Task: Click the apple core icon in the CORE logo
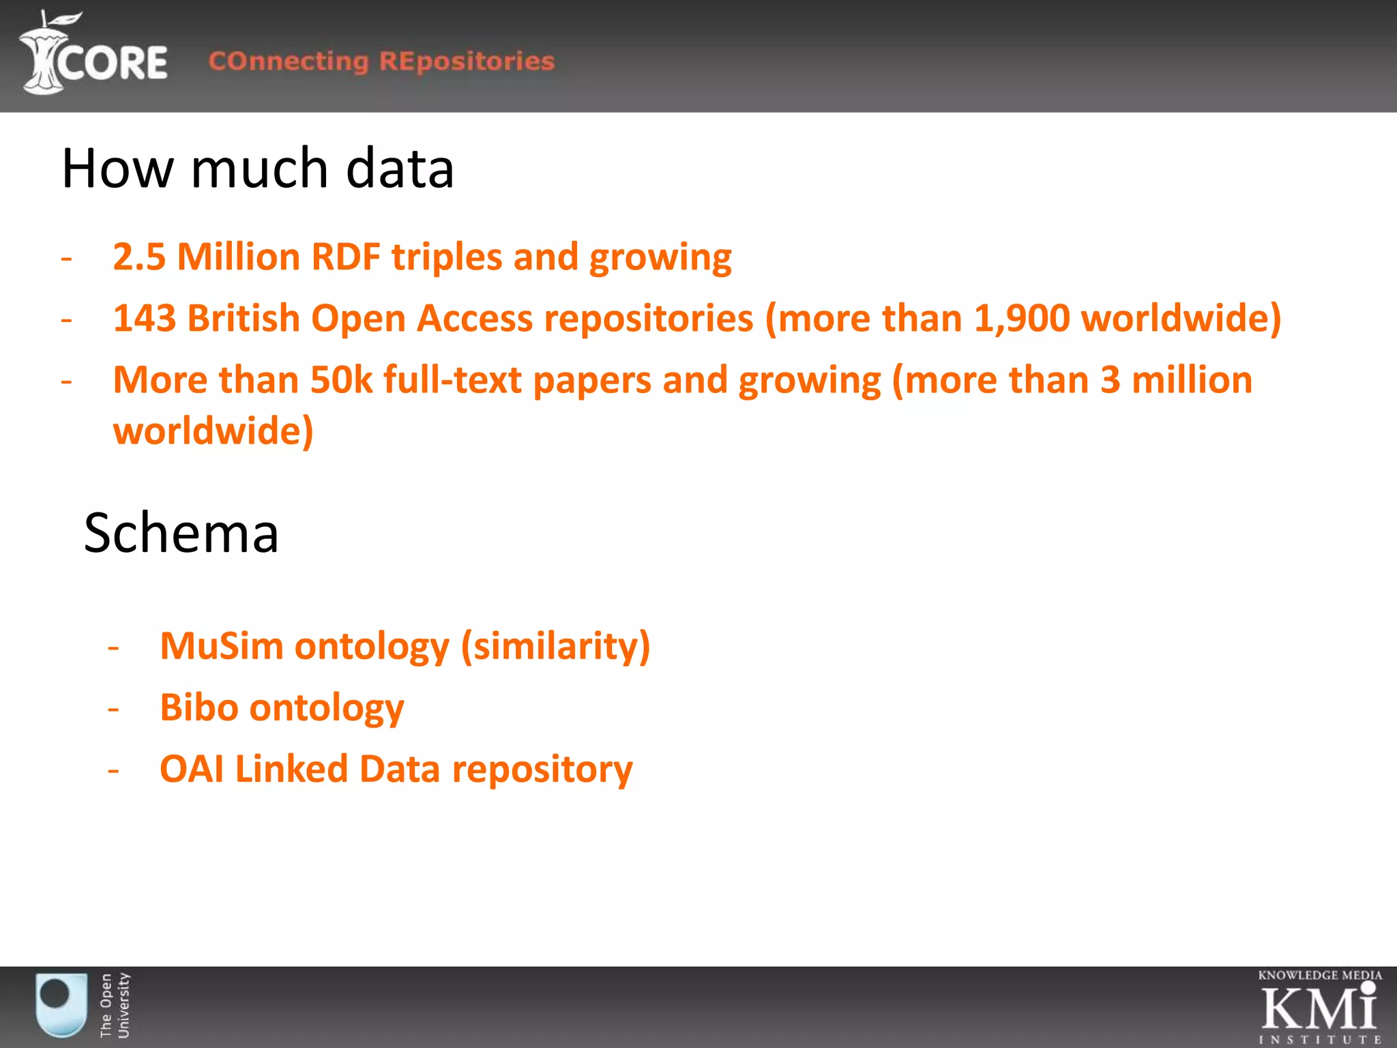tap(42, 55)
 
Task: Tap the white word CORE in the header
tap(113, 63)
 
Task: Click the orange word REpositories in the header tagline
tap(467, 61)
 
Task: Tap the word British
tap(244, 319)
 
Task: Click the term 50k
tap(341, 380)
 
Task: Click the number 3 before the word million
tap(1110, 380)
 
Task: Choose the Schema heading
tap(181, 533)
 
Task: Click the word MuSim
tap(221, 645)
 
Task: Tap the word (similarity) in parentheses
tap(555, 645)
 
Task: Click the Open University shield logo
tap(61, 1004)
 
